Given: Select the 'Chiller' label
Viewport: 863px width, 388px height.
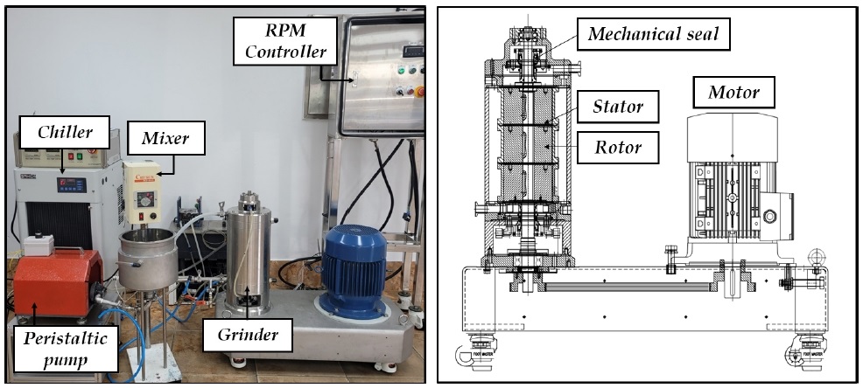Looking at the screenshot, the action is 65,132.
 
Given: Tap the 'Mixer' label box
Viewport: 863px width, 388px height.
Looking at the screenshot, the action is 165,138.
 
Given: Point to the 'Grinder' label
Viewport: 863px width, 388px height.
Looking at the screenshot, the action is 247,334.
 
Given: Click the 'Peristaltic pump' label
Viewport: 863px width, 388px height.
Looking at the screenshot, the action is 65,349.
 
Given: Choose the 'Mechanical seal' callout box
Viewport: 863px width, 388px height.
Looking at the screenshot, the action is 653,34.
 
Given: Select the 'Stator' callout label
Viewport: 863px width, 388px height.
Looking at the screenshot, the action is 618,107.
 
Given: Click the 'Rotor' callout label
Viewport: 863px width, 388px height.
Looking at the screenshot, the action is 618,148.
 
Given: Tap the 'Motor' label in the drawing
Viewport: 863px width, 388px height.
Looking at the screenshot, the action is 733,92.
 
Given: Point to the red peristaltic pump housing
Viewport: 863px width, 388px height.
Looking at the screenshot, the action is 57,283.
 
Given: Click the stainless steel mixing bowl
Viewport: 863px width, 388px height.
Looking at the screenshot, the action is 148,260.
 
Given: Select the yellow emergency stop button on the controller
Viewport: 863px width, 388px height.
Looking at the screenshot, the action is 420,91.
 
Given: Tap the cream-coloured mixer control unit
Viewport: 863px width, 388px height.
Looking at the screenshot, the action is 142,192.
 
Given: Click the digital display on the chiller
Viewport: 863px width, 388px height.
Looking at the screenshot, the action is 71,184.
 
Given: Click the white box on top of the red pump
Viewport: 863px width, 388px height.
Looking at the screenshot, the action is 39,245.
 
